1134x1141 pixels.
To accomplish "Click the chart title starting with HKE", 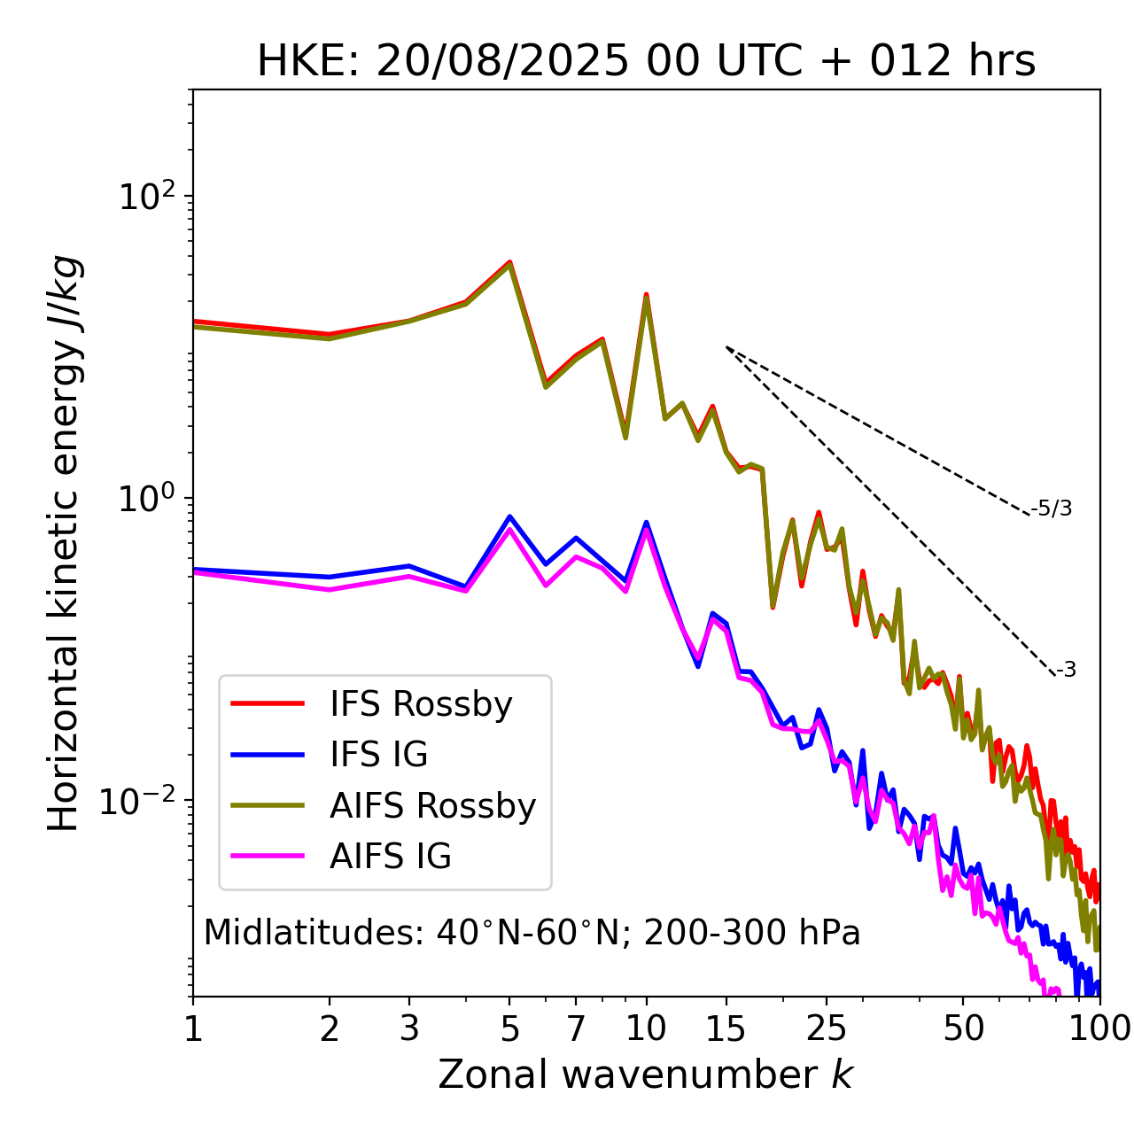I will [646, 62].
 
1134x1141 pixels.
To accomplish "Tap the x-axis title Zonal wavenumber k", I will [646, 1075].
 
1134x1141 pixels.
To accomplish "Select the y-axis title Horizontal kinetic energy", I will [65, 543].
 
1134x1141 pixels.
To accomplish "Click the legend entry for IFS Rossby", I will [421, 704].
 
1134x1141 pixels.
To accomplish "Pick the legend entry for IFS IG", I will [378, 755].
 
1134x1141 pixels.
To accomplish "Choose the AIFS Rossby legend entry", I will [432, 806].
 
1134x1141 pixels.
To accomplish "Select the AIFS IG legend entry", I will [390, 857].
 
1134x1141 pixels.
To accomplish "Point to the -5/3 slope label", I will [1052, 508].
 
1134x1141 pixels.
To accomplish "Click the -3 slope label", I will [1066, 670].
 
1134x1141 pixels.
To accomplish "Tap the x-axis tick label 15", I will [726, 1028].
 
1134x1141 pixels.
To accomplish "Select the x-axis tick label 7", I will [576, 1028].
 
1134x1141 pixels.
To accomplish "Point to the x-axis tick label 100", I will [1099, 1028].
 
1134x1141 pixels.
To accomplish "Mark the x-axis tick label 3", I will [409, 1028].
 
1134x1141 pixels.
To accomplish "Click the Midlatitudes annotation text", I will [532, 933].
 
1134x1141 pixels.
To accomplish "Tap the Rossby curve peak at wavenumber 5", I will [509, 262].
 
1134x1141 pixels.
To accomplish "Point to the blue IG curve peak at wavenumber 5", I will [509, 516].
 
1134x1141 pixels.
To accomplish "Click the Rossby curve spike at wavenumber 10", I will [647, 294].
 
